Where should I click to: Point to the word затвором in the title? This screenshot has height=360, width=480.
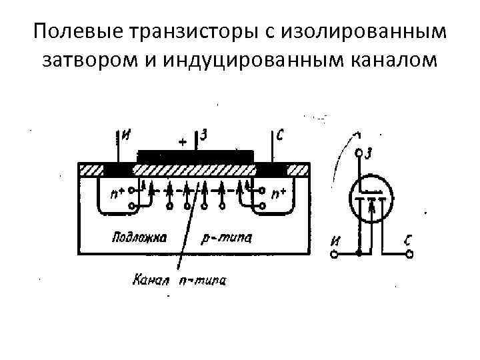[x=89, y=61]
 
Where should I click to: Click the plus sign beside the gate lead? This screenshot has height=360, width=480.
[x=183, y=141]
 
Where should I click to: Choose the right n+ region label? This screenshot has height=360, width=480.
[x=278, y=194]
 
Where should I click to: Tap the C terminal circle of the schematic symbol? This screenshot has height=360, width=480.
[x=409, y=253]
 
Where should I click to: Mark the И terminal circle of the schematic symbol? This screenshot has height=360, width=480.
[x=333, y=254]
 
